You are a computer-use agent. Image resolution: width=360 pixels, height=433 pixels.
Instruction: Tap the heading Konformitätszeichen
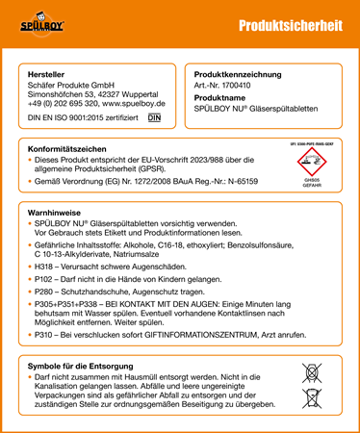[x=68, y=149]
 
